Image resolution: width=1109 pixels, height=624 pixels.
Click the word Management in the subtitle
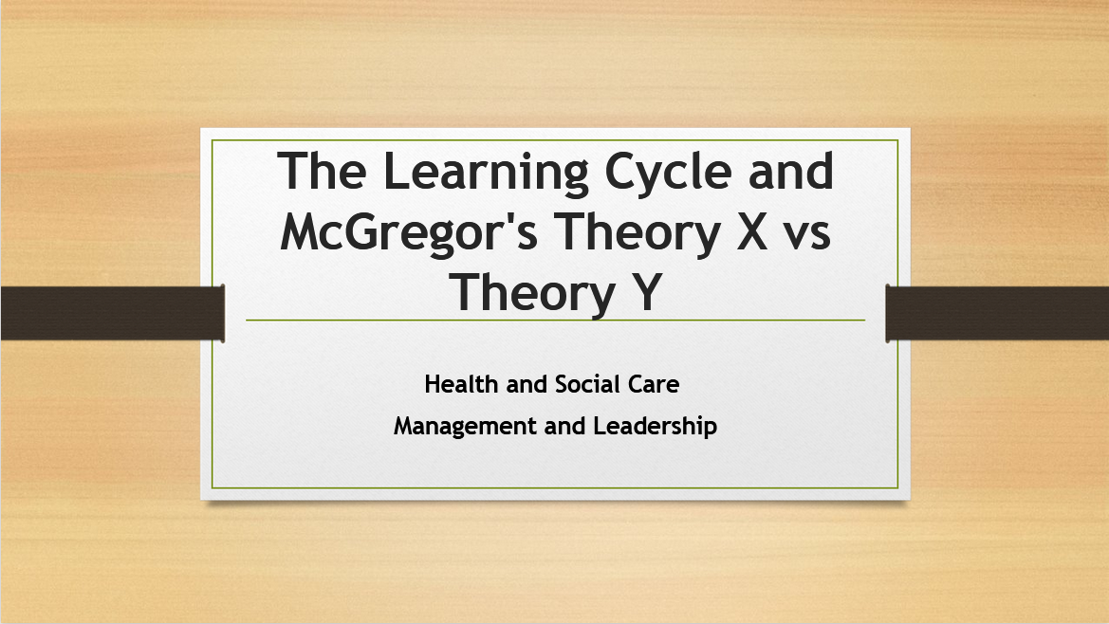465,427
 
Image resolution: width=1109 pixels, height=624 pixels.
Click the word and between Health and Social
527,385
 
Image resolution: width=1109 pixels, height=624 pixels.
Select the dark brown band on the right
997,313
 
